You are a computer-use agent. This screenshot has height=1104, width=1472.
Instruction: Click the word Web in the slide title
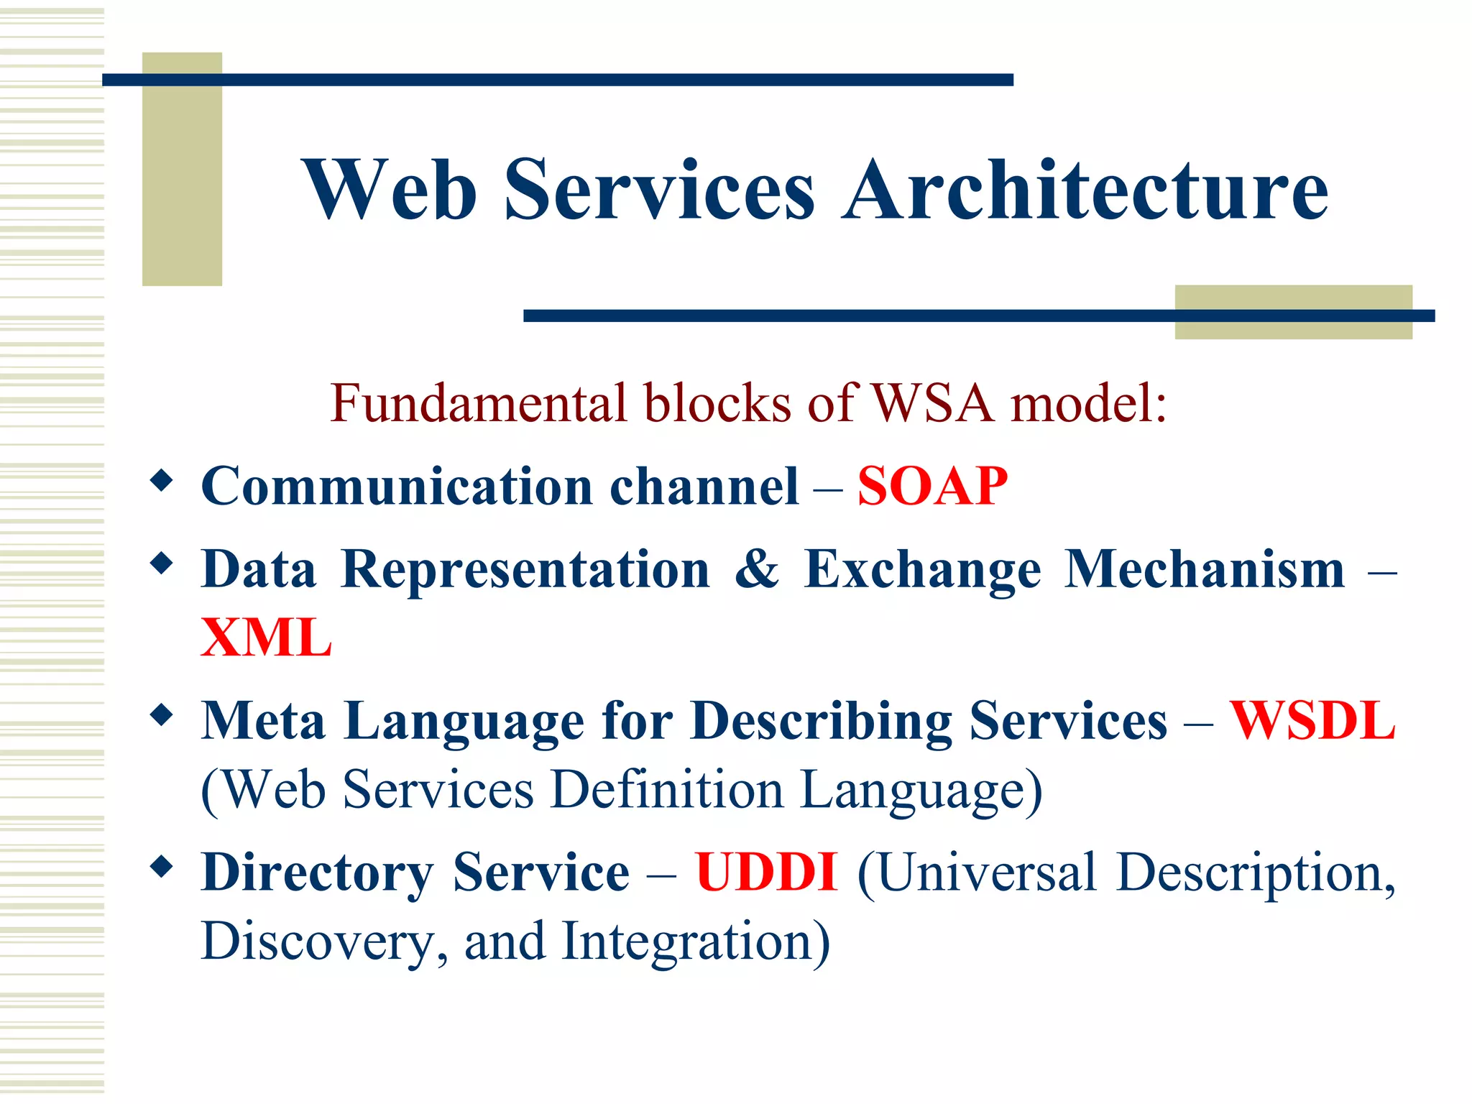[x=389, y=190]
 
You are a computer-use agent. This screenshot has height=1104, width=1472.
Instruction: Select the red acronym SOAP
[x=932, y=487]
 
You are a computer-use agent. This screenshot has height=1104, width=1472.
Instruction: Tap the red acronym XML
[x=266, y=638]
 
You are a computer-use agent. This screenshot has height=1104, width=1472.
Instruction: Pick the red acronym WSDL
[x=1312, y=721]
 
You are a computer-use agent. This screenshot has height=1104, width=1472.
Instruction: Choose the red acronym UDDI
[x=766, y=873]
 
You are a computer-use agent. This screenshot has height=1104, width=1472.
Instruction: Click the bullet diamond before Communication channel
[x=162, y=480]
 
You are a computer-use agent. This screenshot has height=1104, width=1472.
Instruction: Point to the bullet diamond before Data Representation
[x=162, y=563]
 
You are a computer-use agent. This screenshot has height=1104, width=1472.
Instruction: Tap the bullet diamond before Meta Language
[x=162, y=714]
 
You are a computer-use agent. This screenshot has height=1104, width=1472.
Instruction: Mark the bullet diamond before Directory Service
[x=162, y=866]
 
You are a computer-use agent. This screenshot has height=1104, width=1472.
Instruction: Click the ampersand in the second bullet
[x=757, y=569]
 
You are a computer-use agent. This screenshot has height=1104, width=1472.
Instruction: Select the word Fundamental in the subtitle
[x=478, y=403]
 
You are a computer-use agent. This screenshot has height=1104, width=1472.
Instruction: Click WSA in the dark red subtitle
[x=932, y=403]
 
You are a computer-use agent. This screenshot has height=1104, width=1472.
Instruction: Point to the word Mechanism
[x=1204, y=569]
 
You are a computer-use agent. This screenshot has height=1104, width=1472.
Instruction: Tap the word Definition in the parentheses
[x=666, y=790]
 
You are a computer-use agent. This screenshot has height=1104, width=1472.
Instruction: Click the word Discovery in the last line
[x=323, y=942]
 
